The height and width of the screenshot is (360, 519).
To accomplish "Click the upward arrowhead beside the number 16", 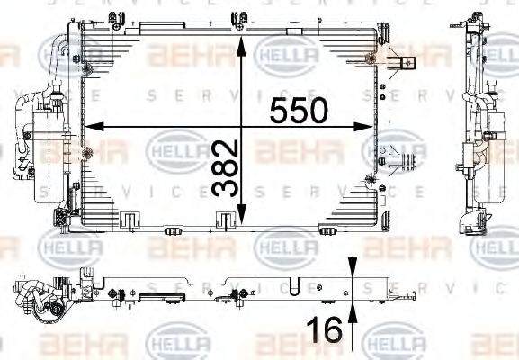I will [353, 310].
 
